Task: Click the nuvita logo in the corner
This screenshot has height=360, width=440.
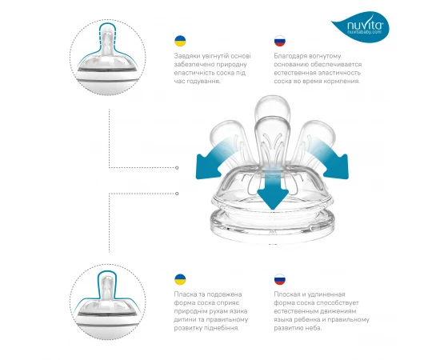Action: coord(362,27)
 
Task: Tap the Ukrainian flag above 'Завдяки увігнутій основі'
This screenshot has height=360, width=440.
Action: coord(180,41)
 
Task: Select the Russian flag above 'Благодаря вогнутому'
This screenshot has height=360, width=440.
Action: coord(280,41)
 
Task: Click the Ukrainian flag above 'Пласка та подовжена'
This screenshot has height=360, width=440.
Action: coord(180,279)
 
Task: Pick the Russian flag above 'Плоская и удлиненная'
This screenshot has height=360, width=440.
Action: coord(280,279)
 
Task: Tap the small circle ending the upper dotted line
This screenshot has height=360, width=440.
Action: coord(177,168)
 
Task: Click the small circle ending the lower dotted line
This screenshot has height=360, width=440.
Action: coord(177,194)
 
